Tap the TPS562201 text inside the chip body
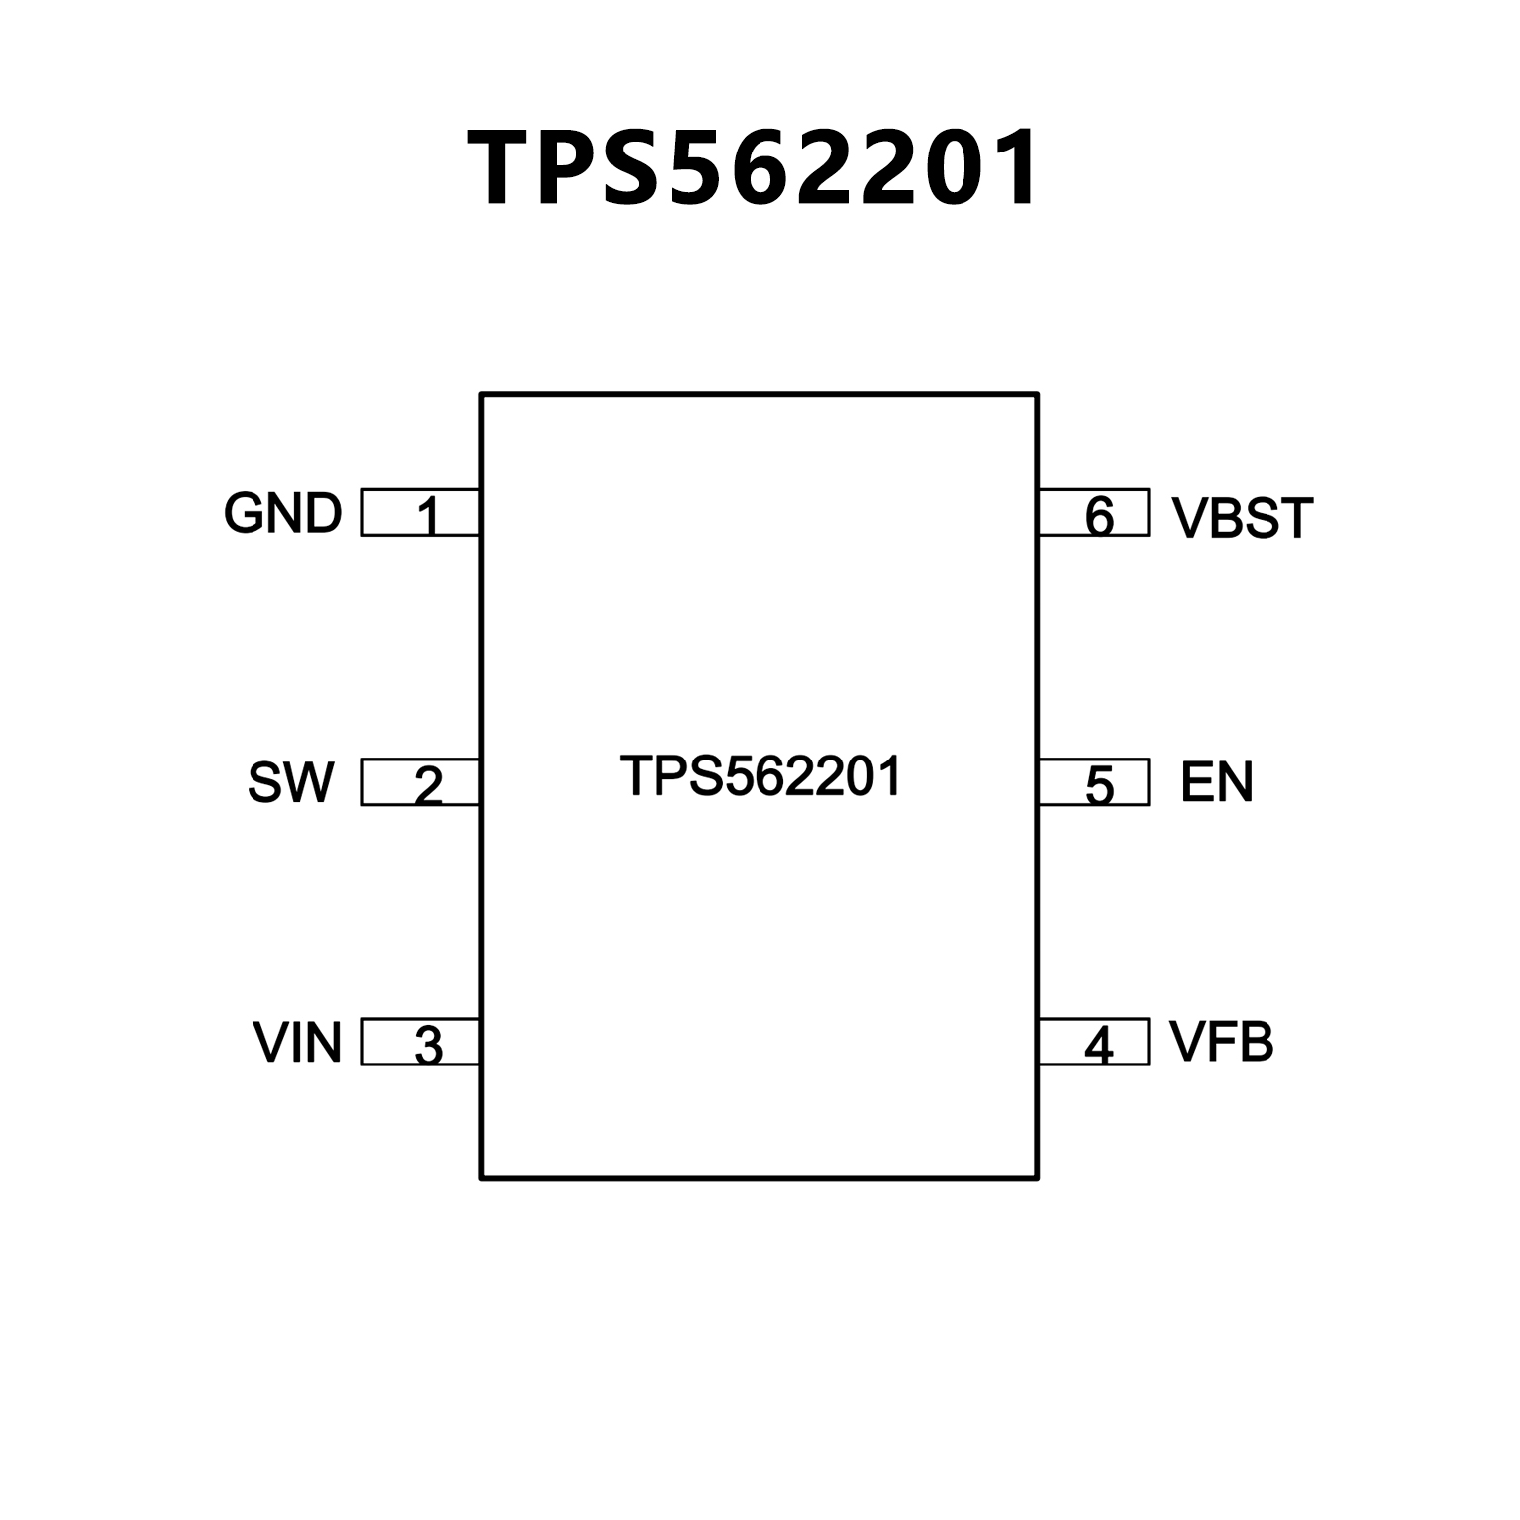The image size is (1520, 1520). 760,776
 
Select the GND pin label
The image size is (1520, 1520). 282,513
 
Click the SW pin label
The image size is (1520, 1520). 290,782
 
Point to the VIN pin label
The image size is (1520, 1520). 297,1043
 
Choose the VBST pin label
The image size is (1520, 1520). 1242,518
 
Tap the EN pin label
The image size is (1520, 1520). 1216,782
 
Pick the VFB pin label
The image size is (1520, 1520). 1221,1042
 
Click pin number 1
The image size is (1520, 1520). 428,516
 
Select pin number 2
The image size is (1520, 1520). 428,785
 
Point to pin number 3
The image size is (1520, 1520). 428,1046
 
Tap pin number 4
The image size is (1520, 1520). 1099,1046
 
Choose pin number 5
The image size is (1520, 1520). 1099,785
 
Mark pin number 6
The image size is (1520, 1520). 1099,516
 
